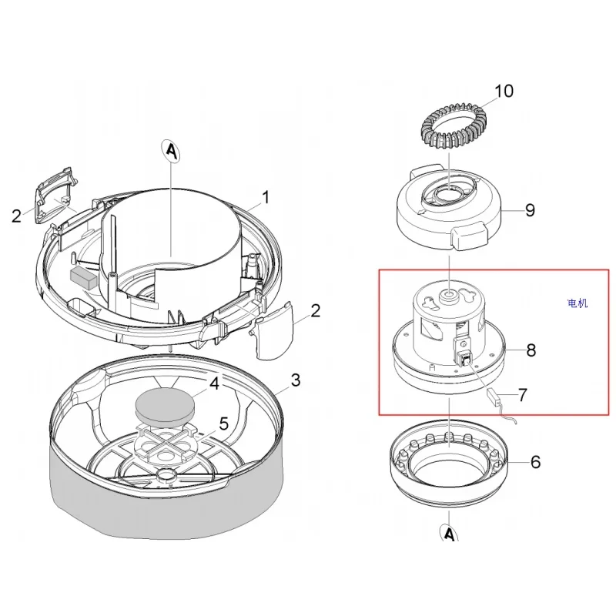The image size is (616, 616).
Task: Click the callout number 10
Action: pos(503,92)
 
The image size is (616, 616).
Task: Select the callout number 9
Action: pos(529,210)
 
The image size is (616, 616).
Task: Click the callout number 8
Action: pos(531,350)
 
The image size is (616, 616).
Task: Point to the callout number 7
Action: pos(522,395)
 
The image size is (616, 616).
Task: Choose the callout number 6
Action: pos(535,462)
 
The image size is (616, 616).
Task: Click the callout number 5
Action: pos(224,422)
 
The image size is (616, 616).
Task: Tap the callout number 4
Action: pos(216,383)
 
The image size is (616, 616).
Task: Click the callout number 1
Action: pos(265,198)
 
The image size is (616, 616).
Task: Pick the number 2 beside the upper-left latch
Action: pos(16,216)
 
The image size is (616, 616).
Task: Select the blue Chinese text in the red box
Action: pos(577,303)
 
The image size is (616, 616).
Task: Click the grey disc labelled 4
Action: pos(164,404)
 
